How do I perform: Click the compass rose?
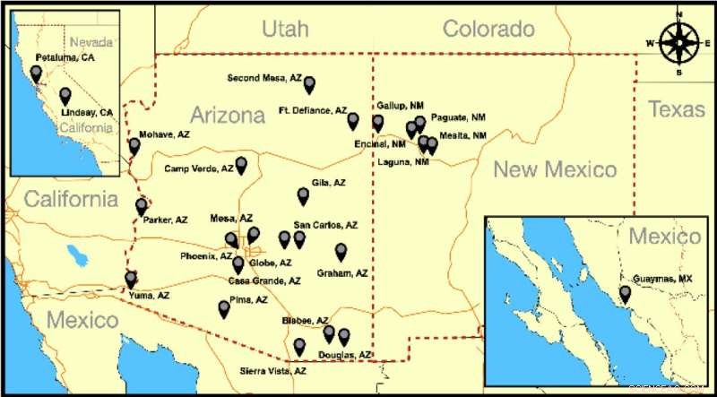point(679,41)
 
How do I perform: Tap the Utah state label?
point(285,30)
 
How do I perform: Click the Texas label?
point(677,109)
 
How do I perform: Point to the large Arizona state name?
point(228,116)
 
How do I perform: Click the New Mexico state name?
point(556,168)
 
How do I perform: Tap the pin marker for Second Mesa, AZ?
point(309,85)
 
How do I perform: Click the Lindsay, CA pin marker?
point(65,96)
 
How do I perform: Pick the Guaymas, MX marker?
point(626,293)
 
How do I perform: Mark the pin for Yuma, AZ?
point(131,280)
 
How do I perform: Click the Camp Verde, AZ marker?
point(240,166)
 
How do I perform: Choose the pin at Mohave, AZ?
point(134,146)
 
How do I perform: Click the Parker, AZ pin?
point(141,207)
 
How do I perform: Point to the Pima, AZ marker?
point(224,309)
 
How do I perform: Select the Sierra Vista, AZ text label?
point(272,371)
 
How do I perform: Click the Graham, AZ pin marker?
point(341,253)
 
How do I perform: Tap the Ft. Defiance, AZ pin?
point(353,121)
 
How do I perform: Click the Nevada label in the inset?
point(91,42)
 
